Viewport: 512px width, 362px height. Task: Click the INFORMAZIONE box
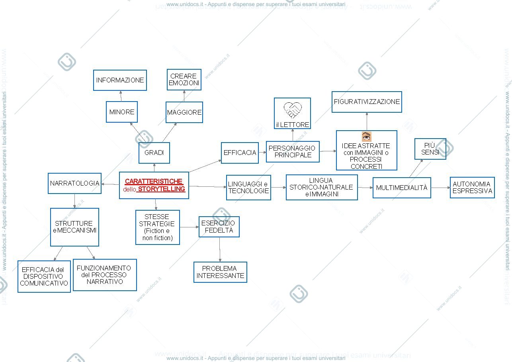(120, 80)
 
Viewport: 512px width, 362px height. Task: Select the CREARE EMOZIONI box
(184, 80)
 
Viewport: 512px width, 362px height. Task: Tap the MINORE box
(122, 112)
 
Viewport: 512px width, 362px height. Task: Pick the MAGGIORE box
(184, 112)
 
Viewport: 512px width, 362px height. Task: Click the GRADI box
(154, 153)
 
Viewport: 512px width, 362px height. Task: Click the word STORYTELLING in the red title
(162, 189)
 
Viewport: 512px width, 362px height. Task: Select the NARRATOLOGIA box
(74, 184)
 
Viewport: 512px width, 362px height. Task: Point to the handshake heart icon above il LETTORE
(293, 110)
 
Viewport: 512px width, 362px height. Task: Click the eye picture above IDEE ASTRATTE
(367, 137)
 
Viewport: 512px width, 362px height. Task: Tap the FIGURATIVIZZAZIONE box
(367, 102)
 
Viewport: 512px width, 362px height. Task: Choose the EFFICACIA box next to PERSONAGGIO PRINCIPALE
(240, 153)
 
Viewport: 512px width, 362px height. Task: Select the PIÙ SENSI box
(430, 149)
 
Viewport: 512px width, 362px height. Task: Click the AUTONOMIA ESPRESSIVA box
(472, 188)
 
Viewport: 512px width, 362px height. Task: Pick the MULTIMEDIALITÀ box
(402, 188)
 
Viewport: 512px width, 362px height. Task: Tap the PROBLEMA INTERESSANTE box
(220, 272)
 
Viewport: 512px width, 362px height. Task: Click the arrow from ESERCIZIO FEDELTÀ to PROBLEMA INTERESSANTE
(220, 249)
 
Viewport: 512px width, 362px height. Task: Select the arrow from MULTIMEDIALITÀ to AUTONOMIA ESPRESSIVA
(440, 188)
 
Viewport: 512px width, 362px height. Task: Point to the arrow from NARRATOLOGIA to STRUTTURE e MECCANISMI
(74, 201)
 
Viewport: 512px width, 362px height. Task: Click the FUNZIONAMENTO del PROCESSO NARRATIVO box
(105, 275)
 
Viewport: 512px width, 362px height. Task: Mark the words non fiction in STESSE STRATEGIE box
(158, 238)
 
